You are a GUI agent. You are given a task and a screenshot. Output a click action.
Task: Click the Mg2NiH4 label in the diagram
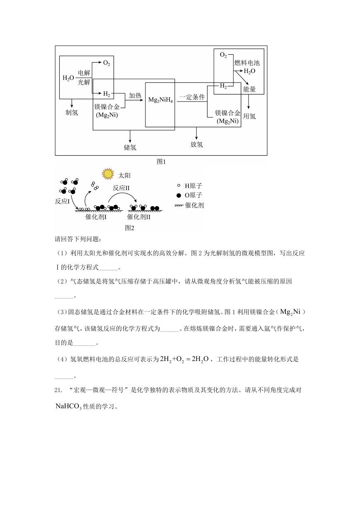(160, 100)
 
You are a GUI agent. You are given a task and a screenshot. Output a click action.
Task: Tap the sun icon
(108, 174)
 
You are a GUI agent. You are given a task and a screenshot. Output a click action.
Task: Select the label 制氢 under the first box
(72, 112)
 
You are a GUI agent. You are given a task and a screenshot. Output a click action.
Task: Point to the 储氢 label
(130, 148)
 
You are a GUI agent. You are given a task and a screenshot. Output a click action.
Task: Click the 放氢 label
(196, 144)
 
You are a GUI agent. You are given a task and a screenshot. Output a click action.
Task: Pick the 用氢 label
(249, 116)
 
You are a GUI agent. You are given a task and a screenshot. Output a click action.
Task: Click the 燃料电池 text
(247, 63)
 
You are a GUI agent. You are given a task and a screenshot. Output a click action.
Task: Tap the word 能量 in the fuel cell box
(249, 89)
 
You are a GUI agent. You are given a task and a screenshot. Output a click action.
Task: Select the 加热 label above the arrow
(135, 95)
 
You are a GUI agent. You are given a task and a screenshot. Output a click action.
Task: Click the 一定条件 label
(192, 97)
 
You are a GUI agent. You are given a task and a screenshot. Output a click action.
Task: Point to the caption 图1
(161, 162)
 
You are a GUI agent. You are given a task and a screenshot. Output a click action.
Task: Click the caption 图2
(130, 228)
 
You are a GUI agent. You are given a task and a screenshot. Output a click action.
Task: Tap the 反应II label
(121, 188)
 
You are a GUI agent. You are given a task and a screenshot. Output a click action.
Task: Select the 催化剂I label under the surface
(96, 217)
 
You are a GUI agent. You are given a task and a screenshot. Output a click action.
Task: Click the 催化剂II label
(139, 217)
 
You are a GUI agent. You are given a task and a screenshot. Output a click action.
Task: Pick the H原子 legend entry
(189, 186)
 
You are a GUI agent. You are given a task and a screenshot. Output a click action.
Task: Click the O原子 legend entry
(189, 195)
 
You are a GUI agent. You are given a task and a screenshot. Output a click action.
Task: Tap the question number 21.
(58, 390)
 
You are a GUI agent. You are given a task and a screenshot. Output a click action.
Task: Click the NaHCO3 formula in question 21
(68, 406)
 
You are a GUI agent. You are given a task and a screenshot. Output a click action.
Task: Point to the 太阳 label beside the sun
(124, 175)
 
